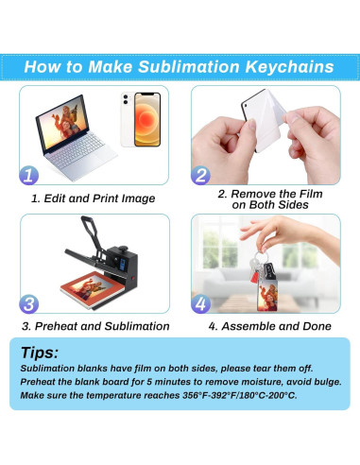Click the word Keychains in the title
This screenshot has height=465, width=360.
tap(289, 67)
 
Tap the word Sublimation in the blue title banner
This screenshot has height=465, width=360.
tap(189, 67)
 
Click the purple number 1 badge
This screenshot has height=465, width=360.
tap(28, 175)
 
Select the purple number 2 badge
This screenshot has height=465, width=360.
tap(200, 175)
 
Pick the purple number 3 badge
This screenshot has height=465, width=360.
tap(29, 304)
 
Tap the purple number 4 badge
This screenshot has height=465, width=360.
tap(200, 304)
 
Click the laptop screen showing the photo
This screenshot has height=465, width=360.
tap(62, 123)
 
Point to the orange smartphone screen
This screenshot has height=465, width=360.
tap(147, 119)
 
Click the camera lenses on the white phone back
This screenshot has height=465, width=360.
tap(126, 99)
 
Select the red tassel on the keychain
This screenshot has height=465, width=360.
tap(254, 276)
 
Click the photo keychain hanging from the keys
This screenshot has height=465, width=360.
tap(268, 295)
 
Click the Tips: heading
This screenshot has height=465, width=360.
tap(40, 353)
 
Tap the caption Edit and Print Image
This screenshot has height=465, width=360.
tap(99, 198)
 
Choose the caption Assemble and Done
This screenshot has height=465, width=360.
tap(276, 326)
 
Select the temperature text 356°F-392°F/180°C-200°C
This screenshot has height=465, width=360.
tap(240, 395)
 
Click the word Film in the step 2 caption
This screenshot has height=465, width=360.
tap(311, 194)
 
